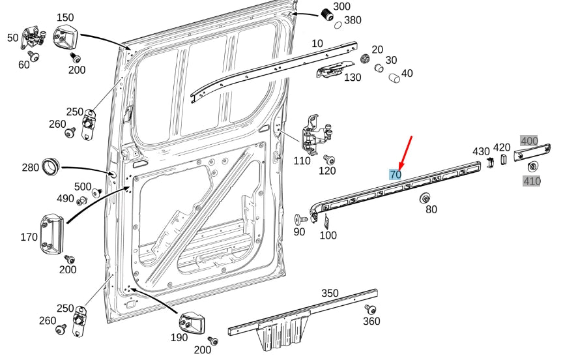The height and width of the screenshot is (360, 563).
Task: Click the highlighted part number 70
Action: (395, 174)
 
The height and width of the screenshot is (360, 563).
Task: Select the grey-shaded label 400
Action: (529, 141)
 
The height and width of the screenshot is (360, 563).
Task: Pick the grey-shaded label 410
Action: (532, 181)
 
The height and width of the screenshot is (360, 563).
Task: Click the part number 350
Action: (330, 293)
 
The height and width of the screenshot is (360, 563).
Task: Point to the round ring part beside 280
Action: (51, 166)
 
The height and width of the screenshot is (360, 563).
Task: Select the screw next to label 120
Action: (328, 159)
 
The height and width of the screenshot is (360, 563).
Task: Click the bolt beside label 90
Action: (301, 218)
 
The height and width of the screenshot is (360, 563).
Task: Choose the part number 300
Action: (341, 7)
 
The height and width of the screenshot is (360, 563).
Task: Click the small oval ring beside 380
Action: (338, 25)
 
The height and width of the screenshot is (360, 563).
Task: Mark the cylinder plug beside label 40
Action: (394, 78)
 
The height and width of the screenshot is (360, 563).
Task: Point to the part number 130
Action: (352, 78)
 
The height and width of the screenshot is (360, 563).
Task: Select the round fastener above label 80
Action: (427, 198)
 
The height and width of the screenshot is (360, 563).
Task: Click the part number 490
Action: (65, 198)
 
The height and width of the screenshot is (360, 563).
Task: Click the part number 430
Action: (481, 151)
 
